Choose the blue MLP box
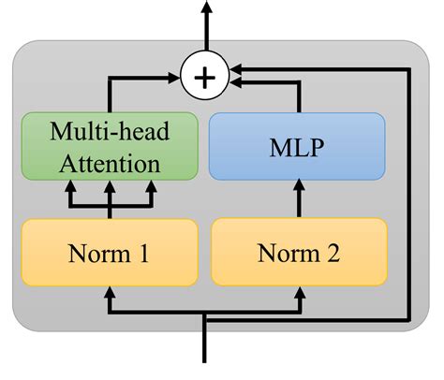coord(296,146)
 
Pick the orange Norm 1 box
coord(109,252)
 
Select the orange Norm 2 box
coord(299,252)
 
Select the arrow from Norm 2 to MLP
coord(299,199)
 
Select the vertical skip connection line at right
coord(408,187)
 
